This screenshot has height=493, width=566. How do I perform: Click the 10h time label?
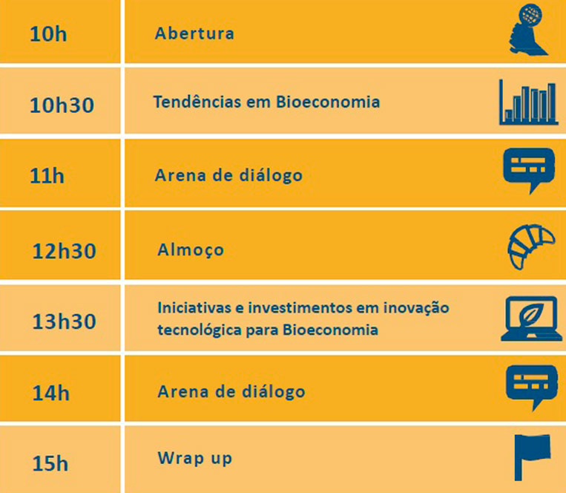(x=48, y=34)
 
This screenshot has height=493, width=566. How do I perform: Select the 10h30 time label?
(x=62, y=105)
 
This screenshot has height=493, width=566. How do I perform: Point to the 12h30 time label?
(x=65, y=250)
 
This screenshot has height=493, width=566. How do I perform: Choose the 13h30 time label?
(x=65, y=321)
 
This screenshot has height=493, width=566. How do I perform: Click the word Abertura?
(x=194, y=33)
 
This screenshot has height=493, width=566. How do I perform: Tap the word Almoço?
(x=191, y=250)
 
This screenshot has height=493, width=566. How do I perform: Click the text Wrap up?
(x=194, y=457)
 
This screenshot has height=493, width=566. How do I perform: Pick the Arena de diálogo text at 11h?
(x=228, y=176)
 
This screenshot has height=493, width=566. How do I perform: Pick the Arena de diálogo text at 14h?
(x=231, y=391)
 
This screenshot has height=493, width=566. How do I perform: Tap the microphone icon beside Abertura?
(x=527, y=30)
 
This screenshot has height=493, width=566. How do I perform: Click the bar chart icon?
(x=527, y=102)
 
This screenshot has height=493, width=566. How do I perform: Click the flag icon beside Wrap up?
(x=531, y=457)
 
